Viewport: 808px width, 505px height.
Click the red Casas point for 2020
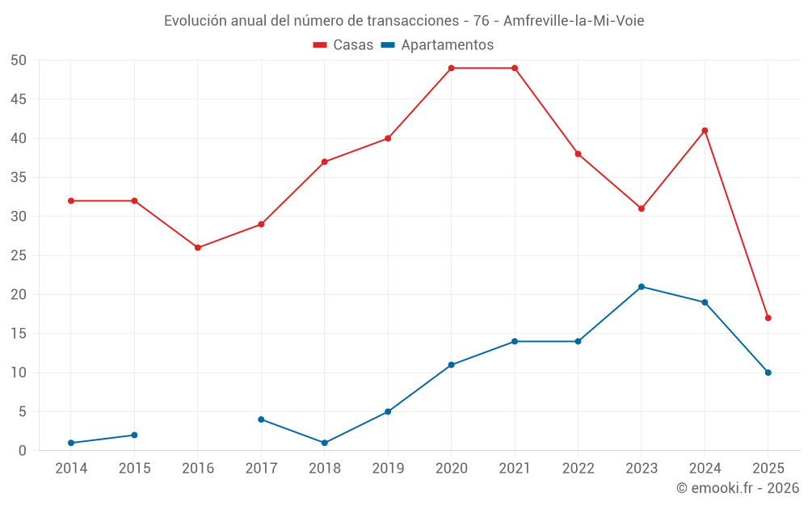tap(451, 68)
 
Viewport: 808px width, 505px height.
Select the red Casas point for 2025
tap(768, 318)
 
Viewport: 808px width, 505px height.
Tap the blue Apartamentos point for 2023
tap(642, 287)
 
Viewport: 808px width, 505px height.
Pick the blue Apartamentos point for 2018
tap(325, 443)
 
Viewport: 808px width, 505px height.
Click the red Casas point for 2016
tap(198, 247)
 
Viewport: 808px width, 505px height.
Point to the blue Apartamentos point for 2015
tap(134, 435)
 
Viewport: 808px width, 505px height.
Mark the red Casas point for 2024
tap(705, 130)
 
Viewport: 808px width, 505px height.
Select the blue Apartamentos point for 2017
tap(261, 419)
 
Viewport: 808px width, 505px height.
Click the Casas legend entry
tap(343, 45)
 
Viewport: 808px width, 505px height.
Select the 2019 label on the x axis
tap(388, 469)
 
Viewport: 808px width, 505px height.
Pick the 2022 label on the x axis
tap(578, 469)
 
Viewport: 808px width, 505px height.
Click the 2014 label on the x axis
tap(71, 469)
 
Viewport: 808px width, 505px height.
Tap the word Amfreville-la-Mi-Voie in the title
tap(574, 20)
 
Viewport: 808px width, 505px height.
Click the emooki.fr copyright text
tap(738, 488)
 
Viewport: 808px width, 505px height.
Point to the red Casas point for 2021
tap(515, 68)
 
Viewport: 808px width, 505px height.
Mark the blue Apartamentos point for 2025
tap(768, 372)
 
